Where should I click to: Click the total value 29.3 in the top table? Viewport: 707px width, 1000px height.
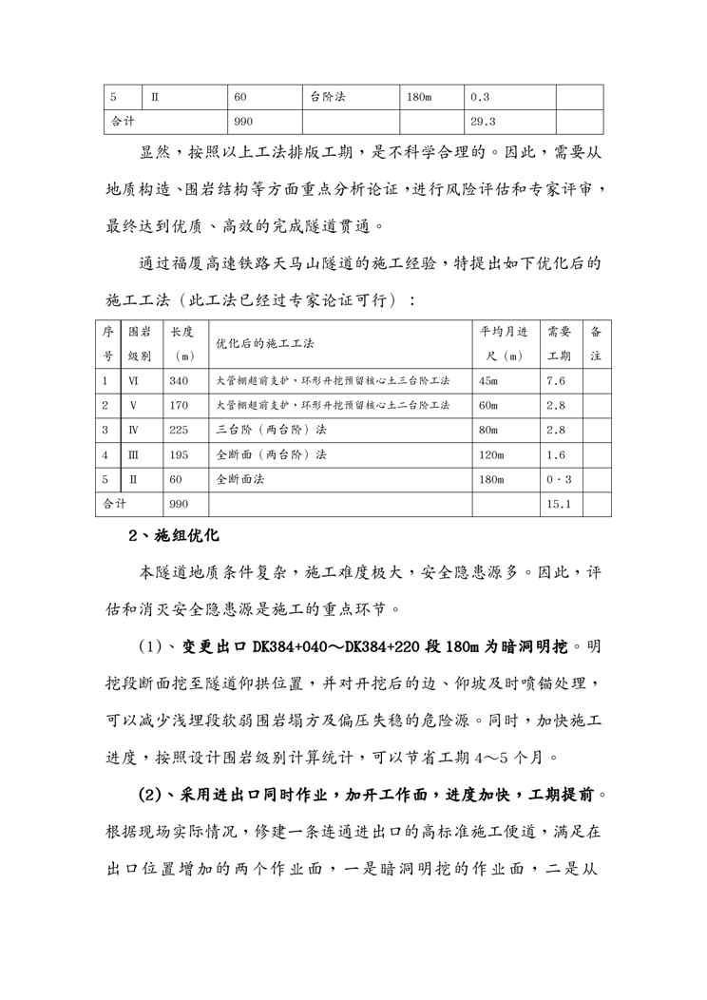(484, 122)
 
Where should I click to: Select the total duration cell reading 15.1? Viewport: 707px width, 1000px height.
(559, 504)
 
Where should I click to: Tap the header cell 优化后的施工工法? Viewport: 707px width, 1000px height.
(265, 343)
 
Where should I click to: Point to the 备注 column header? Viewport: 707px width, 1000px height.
(596, 343)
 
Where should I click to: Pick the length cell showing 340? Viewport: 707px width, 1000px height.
(179, 380)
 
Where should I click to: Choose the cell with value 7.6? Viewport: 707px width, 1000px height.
(557, 380)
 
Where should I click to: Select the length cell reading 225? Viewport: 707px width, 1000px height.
(179, 430)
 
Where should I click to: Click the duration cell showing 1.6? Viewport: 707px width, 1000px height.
(557, 454)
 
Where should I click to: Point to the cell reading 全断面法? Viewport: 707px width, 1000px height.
(239, 479)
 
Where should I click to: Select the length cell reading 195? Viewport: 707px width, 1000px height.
(179, 454)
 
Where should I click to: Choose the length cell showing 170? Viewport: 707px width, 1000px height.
(179, 405)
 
